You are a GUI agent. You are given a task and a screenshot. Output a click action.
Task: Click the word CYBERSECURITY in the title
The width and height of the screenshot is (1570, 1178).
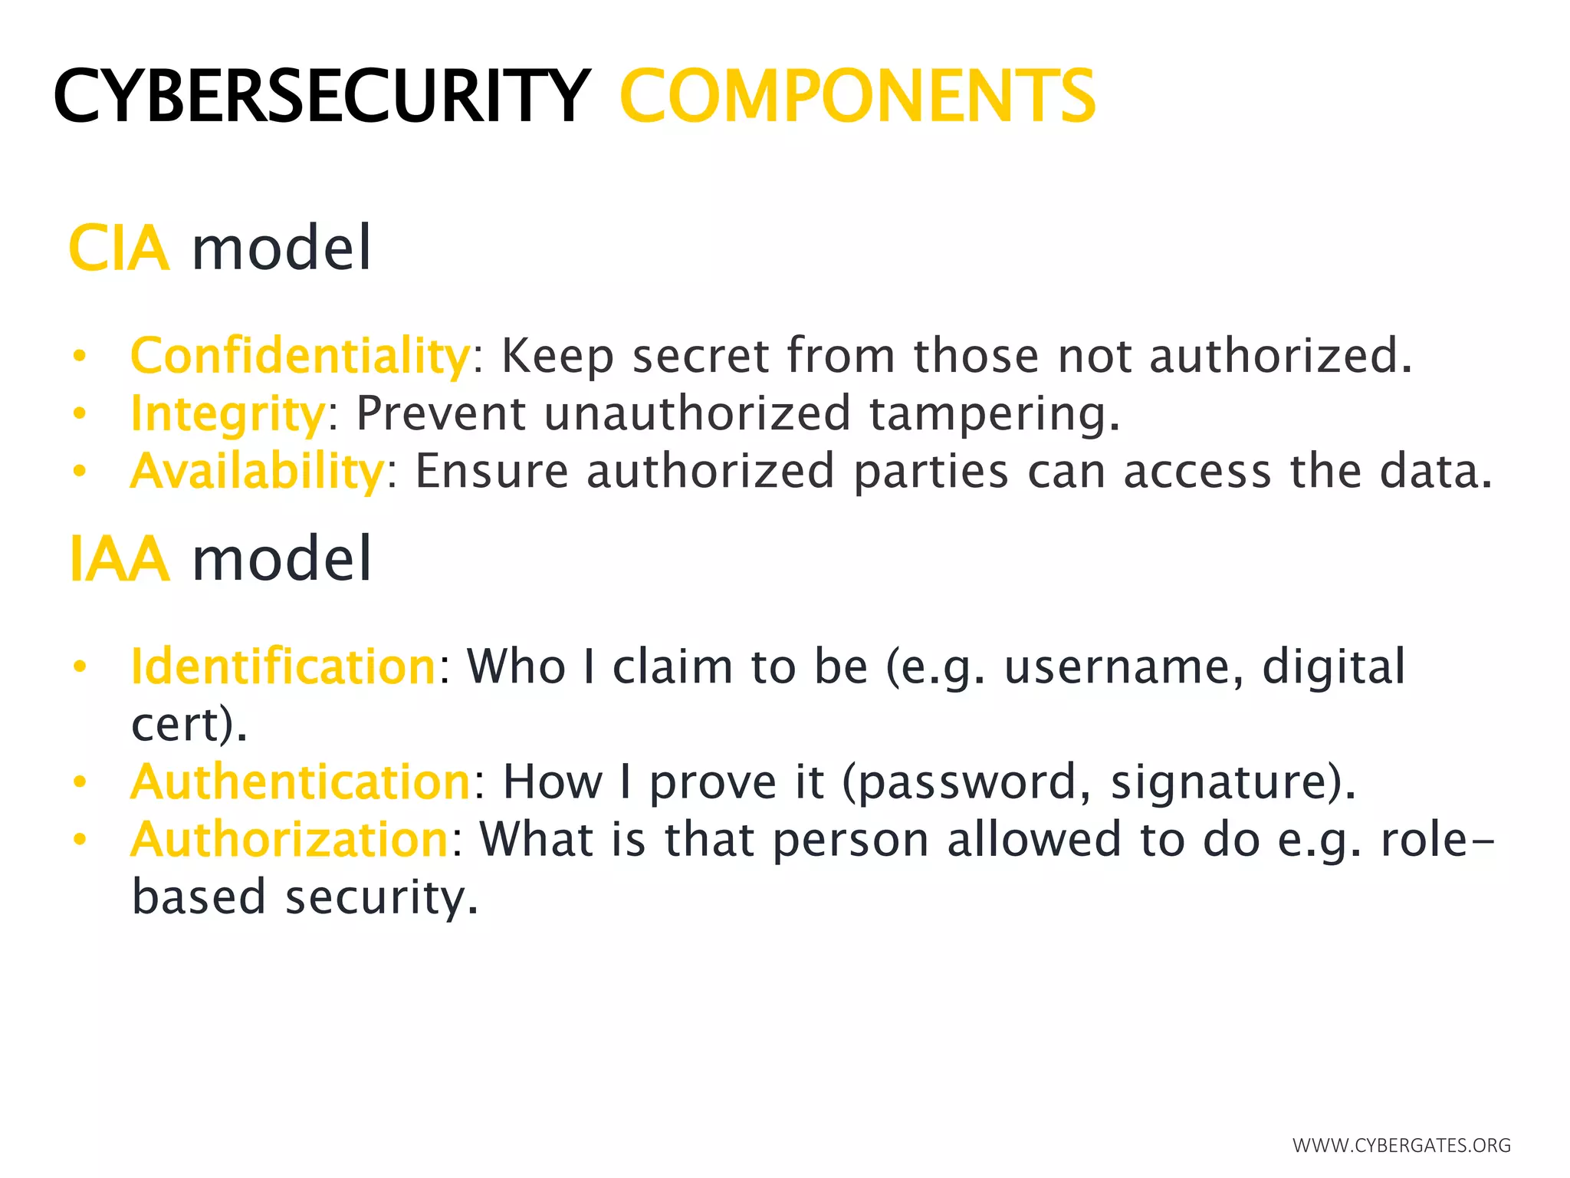tap(322, 96)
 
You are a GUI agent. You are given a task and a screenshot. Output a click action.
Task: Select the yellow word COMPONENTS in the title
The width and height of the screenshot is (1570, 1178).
tap(857, 96)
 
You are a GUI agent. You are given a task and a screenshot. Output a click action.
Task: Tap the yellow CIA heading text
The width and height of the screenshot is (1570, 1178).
tap(119, 248)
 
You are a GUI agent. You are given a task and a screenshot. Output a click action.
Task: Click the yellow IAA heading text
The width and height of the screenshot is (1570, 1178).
tap(119, 559)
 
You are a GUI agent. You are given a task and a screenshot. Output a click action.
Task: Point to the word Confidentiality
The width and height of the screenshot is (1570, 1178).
tap(300, 356)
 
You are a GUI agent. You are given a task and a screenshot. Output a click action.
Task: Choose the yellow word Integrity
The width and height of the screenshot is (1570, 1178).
tap(228, 414)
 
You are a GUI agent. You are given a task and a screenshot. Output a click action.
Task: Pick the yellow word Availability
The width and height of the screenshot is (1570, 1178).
tap(257, 471)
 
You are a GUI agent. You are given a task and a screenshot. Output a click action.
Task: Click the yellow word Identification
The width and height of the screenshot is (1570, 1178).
tap(284, 666)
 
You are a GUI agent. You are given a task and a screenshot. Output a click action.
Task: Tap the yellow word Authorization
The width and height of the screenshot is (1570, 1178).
tap(290, 839)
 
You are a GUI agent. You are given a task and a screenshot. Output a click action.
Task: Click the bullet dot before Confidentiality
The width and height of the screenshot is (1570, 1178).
tap(80, 356)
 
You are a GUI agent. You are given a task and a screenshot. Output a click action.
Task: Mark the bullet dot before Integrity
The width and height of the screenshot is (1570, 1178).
tap(80, 414)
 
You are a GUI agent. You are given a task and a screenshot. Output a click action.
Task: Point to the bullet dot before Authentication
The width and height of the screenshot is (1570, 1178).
tap(80, 782)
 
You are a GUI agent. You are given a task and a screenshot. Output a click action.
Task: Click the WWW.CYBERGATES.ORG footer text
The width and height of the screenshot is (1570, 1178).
tap(1401, 1146)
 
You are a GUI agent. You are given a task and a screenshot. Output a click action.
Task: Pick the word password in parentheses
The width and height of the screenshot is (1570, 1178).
tap(966, 782)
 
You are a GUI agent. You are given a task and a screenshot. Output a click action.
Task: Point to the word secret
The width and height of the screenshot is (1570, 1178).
tap(701, 356)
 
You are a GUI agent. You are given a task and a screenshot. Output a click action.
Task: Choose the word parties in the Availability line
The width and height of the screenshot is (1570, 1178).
tap(931, 471)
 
